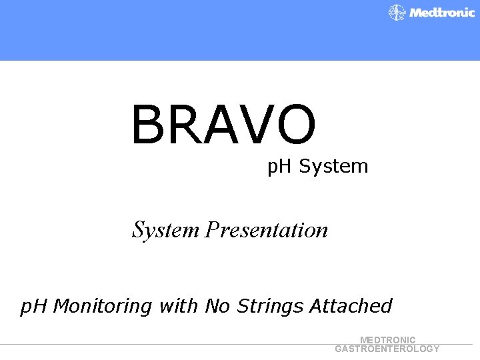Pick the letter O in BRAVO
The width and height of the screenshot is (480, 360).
[293, 125]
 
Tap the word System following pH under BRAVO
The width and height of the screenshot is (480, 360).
[333, 167]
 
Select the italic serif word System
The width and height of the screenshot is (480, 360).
[165, 230]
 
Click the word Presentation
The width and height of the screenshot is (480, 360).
[267, 230]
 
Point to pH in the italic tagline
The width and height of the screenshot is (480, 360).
[34, 307]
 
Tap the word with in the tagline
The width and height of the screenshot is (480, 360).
[179, 306]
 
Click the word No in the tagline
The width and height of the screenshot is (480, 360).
[217, 306]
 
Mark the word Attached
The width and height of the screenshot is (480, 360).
[351, 306]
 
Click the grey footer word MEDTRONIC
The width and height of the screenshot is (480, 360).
[387, 340]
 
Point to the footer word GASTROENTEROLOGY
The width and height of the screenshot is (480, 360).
[387, 349]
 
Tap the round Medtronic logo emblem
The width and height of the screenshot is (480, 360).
[397, 13]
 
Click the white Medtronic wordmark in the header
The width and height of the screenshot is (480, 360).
[442, 13]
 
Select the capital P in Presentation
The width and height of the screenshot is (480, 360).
[213, 230]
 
